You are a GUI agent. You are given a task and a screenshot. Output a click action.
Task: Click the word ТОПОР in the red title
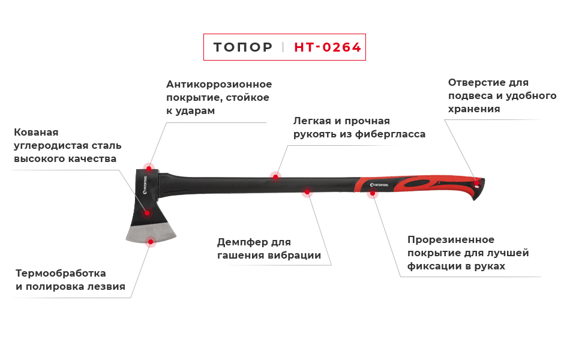pyautogui.click(x=242, y=47)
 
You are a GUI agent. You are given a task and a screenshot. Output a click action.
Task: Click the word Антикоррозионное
pyautogui.click(x=219, y=84)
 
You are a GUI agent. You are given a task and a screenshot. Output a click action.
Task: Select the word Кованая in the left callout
pyautogui.click(x=36, y=132)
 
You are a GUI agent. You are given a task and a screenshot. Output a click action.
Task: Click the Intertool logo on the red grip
pyautogui.click(x=380, y=185)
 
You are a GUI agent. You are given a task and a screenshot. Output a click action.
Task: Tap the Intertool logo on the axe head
pyautogui.click(x=146, y=186)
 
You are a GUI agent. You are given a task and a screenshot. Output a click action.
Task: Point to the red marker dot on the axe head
pyautogui.click(x=146, y=212)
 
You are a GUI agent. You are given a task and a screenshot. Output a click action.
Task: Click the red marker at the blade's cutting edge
pyautogui.click(x=151, y=243)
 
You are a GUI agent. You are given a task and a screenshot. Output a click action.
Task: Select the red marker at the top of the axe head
pyautogui.click(x=148, y=166)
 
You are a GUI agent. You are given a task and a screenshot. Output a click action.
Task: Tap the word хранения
pyautogui.click(x=474, y=109)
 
